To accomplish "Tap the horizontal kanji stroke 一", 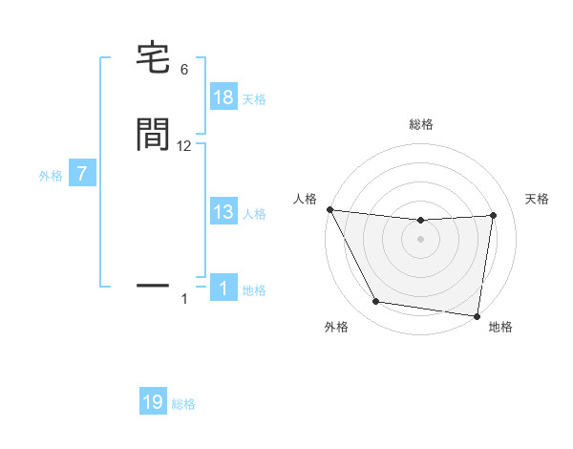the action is click(x=155, y=285).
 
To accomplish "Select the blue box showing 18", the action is click(x=223, y=97).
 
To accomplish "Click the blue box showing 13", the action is click(x=223, y=212).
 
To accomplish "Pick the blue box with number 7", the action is click(x=82, y=175).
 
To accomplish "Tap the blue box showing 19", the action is click(x=153, y=402).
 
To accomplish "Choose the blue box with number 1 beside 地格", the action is click(x=223, y=289).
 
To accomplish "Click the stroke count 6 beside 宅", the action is click(x=184, y=70).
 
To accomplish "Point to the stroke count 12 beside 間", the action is click(x=184, y=145).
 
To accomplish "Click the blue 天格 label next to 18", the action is click(x=254, y=99).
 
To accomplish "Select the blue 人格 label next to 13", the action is click(x=254, y=214).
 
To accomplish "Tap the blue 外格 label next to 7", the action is click(x=51, y=176).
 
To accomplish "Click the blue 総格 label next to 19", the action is click(x=183, y=404).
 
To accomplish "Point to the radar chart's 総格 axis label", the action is click(x=421, y=124).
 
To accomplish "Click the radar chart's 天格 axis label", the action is click(x=538, y=199).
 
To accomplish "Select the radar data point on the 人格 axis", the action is click(x=329, y=209).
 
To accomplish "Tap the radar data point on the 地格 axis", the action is click(x=477, y=315).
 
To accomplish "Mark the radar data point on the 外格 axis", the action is click(x=376, y=303).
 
